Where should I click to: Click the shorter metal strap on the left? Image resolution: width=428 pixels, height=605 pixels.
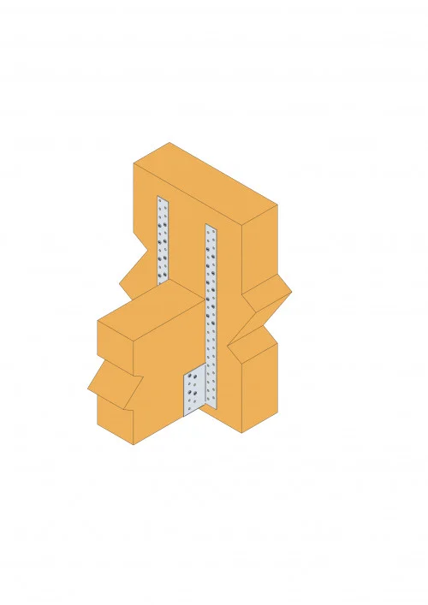[x=163, y=240]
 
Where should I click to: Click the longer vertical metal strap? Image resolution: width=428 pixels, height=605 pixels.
[x=212, y=291]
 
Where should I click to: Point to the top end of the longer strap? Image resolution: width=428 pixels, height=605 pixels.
[x=211, y=227]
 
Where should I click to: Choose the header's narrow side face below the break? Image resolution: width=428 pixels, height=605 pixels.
[x=261, y=385]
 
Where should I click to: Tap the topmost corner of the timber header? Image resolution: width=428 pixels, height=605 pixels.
[x=169, y=142]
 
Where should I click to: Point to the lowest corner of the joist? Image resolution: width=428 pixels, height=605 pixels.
[x=134, y=445]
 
